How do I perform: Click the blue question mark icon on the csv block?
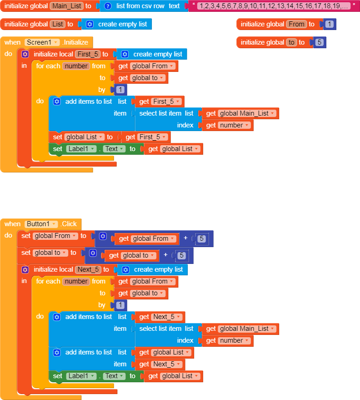pos(108,6)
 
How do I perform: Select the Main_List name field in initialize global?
pos(66,6)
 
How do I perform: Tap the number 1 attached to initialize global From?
pos(329,24)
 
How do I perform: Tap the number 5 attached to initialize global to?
pos(319,42)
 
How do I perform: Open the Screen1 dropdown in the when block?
pos(42,42)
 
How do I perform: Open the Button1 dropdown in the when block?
pos(41,224)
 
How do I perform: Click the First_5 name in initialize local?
pos(88,54)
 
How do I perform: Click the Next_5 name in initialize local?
pos(88,269)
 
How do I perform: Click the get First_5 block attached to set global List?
pos(146,137)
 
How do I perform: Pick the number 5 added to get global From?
pos(202,238)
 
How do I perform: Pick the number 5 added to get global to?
pos(182,255)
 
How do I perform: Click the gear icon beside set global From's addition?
pos(103,236)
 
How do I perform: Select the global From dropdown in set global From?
pos(55,236)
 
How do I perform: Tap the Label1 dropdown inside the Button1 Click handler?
pos(81,376)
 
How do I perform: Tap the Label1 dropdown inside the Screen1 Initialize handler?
pos(81,149)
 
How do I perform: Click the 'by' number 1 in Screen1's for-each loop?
pos(120,90)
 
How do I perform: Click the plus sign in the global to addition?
pos(166,255)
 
